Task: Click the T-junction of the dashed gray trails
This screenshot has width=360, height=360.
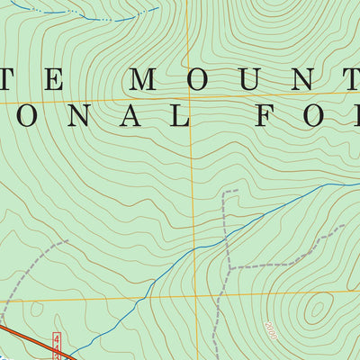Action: click(230, 267)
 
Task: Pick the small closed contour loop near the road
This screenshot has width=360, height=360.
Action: click(37, 309)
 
